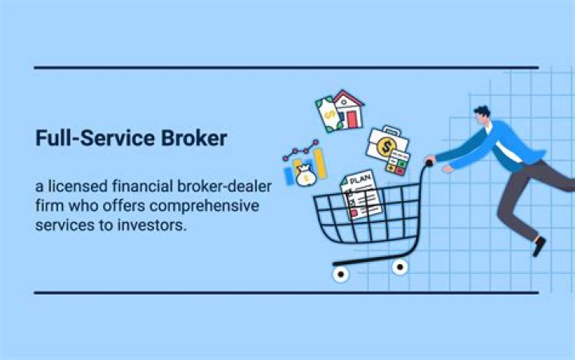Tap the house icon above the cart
click(x=349, y=109)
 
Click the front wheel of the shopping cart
click(x=342, y=274)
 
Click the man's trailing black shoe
click(x=540, y=246)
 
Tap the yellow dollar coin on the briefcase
click(x=387, y=147)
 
